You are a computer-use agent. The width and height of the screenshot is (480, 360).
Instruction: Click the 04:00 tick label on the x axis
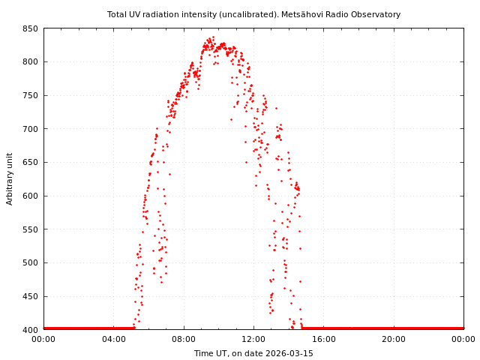[x=113, y=339]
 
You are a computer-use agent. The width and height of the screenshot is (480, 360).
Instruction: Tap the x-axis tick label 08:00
[x=184, y=339]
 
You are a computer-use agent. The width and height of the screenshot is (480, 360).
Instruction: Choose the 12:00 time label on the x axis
[x=253, y=339]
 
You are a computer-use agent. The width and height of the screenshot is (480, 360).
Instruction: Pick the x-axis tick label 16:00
[x=323, y=339]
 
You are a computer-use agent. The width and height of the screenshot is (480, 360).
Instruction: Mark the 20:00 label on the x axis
[x=394, y=339]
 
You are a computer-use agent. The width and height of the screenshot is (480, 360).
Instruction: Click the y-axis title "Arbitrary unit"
[x=10, y=179]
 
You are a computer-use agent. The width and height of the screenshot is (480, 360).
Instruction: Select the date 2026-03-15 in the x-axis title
[x=289, y=353]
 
